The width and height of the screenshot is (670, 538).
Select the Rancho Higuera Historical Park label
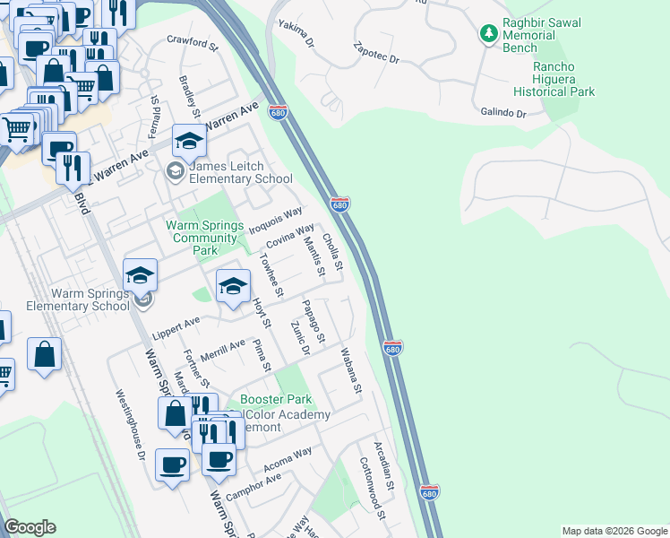point(554,79)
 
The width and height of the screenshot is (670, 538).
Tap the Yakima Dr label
point(296,33)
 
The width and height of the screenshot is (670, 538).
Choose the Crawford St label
point(193,41)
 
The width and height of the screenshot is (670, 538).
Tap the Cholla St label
point(332,252)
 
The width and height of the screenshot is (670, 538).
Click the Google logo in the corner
point(30,527)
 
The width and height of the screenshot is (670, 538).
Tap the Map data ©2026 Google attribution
point(614,531)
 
